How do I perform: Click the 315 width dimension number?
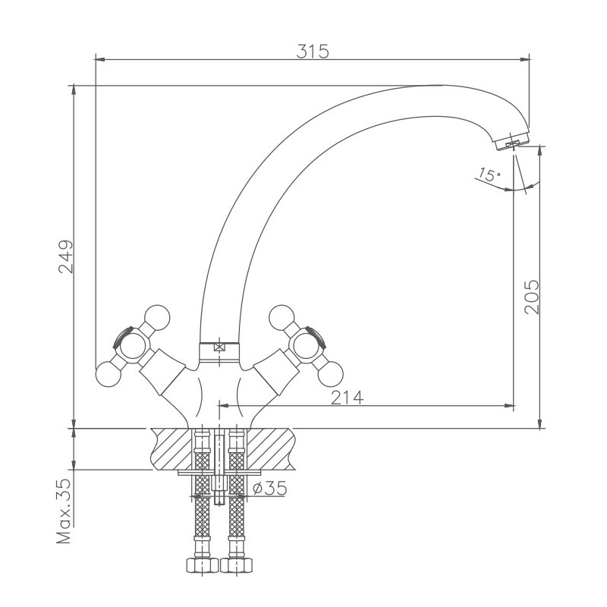click(x=313, y=51)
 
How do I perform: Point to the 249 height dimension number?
click(x=66, y=256)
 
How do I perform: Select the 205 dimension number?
click(x=531, y=297)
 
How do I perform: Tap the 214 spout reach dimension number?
click(x=348, y=397)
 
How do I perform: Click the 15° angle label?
click(x=489, y=175)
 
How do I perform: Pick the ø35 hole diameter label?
click(x=270, y=488)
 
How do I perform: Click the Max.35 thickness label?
click(x=64, y=511)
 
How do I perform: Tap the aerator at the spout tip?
click(x=511, y=141)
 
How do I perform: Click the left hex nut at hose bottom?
click(x=203, y=565)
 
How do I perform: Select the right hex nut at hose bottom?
click(x=237, y=565)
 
